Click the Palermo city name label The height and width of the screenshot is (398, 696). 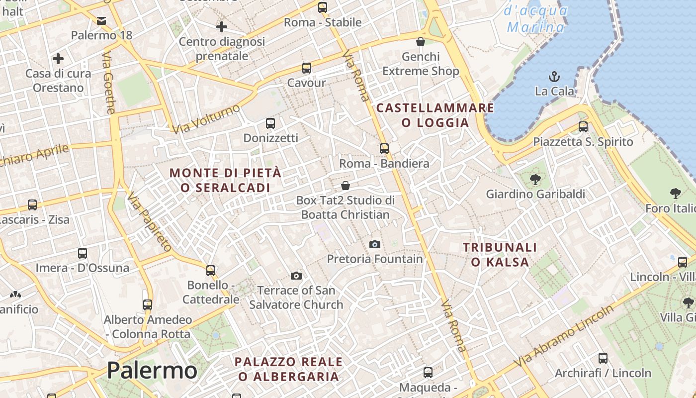pos(152,371)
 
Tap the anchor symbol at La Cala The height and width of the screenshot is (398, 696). pos(554,77)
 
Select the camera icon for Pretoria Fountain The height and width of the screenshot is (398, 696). pos(375,244)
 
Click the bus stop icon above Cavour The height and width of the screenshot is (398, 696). pos(306,68)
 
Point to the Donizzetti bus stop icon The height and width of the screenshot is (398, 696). pos(270,123)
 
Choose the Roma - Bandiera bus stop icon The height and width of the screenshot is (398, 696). pos(384,148)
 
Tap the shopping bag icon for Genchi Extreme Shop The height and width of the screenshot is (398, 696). pos(420,41)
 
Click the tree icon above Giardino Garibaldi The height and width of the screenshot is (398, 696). pos(535,180)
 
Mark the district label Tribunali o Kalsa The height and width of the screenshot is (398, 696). pos(500,254)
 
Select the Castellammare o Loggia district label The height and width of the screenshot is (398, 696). pos(435,115)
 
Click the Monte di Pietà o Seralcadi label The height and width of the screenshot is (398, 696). pos(226,180)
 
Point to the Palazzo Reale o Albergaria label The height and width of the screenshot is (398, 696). pos(289,369)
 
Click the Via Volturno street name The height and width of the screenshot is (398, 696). pos(206,118)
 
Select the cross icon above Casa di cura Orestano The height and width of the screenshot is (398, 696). pos(58,59)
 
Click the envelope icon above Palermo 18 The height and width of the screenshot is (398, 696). pos(101,21)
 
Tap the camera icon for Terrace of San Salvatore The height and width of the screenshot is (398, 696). pos(296,276)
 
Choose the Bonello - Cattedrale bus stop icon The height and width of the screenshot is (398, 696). pos(211,271)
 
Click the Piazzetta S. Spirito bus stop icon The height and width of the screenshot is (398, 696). pos(583,127)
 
